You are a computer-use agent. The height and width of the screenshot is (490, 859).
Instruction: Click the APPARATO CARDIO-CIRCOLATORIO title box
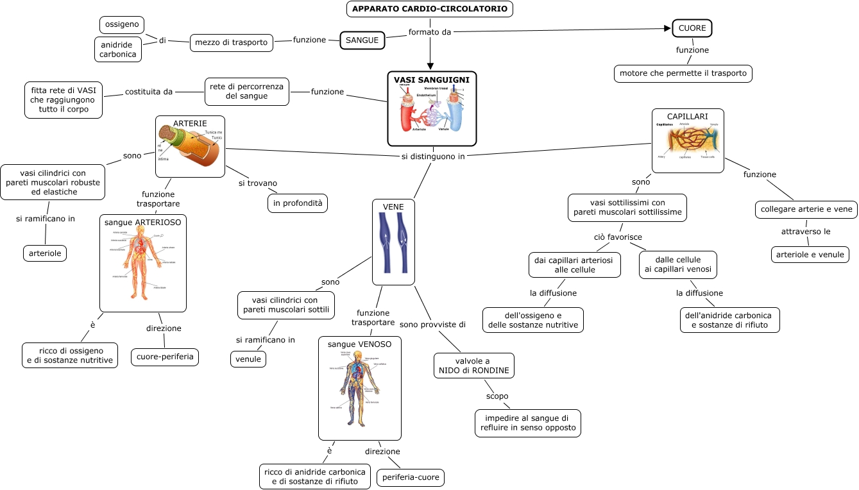[430, 9]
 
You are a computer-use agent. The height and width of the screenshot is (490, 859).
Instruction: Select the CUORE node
[692, 28]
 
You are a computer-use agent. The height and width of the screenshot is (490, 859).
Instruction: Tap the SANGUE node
[362, 40]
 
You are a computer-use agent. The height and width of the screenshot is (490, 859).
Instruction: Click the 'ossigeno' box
[122, 25]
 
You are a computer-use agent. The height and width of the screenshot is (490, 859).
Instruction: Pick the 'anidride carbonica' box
[118, 49]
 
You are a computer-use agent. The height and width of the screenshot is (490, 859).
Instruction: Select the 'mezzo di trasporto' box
[232, 42]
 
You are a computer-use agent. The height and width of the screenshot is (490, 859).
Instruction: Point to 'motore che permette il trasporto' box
[683, 73]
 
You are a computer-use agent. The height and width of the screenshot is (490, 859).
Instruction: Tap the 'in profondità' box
[298, 203]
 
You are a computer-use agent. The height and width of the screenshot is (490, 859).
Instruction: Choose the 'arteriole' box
[45, 253]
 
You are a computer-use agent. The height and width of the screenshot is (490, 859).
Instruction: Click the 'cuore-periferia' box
[165, 356]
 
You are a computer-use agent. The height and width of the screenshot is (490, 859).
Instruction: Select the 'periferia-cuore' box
[411, 478]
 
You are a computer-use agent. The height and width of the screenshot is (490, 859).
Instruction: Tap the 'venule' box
[248, 359]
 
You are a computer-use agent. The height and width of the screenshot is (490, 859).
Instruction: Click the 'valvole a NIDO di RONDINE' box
[473, 366]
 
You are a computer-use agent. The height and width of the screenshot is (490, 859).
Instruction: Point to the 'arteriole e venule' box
[810, 255]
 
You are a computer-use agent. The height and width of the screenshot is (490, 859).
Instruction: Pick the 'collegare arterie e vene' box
[806, 210]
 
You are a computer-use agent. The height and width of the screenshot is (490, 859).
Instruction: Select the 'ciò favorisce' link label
[618, 237]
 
